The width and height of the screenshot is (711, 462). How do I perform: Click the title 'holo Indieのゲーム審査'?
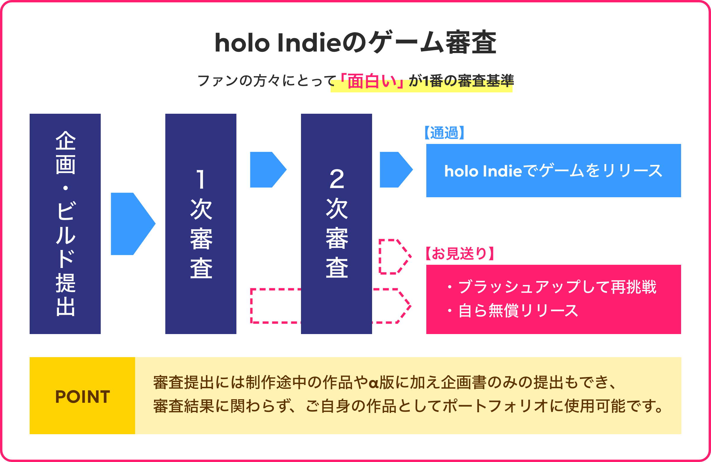pyautogui.click(x=355, y=42)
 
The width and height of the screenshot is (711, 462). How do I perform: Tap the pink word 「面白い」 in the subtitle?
pyautogui.click(x=372, y=81)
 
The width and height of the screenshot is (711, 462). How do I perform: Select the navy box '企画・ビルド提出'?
pyautogui.click(x=65, y=224)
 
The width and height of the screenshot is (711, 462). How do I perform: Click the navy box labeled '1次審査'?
pyautogui.click(x=201, y=224)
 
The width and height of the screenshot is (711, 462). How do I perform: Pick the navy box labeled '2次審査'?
pyautogui.click(x=336, y=224)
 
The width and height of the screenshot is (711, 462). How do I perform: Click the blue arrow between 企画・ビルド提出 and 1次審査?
pyautogui.click(x=133, y=224)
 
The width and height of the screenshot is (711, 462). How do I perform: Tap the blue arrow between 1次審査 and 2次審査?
pyautogui.click(x=268, y=170)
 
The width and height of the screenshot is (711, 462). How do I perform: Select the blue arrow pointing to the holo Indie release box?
pyautogui.click(x=396, y=170)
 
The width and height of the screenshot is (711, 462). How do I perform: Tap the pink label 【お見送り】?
pyautogui.click(x=459, y=254)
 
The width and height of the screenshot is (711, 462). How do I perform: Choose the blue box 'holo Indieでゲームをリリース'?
pyautogui.click(x=554, y=171)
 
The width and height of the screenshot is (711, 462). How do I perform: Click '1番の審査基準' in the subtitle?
pyautogui.click(x=468, y=81)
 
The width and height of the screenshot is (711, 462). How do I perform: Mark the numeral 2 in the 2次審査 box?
pyautogui.click(x=337, y=179)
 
